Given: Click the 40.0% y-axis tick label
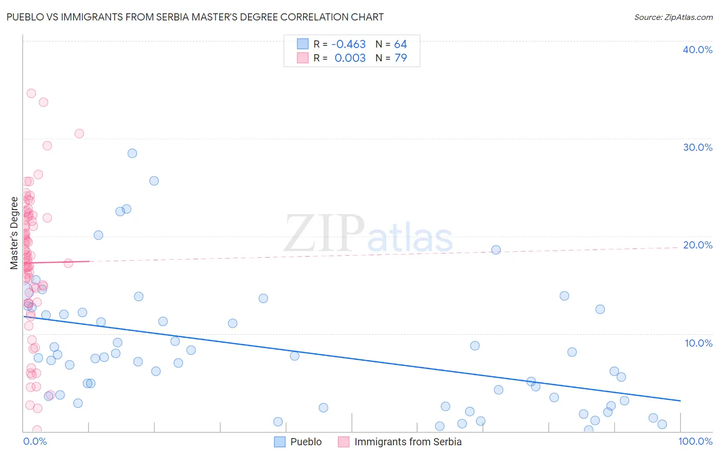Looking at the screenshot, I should pyautogui.click(x=697, y=50).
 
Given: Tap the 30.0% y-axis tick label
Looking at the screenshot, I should pyautogui.click(x=697, y=147).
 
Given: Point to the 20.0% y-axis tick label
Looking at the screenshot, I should pyautogui.click(x=697, y=245).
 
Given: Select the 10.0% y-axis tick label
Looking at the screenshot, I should pyautogui.click(x=698, y=343).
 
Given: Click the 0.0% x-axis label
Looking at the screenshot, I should pyautogui.click(x=35, y=441).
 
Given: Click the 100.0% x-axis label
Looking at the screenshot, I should pyautogui.click(x=695, y=441).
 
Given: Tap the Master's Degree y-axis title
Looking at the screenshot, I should pyautogui.click(x=14, y=233).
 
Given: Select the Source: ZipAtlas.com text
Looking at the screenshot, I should pyautogui.click(x=673, y=17).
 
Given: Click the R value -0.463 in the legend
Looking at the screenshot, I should pyautogui.click(x=348, y=44).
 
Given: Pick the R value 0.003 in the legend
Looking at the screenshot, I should pyautogui.click(x=350, y=58).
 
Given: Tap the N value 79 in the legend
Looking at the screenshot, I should pyautogui.click(x=400, y=58).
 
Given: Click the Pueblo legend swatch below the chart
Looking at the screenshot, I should pyautogui.click(x=280, y=442).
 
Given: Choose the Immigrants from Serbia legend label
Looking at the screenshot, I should pyautogui.click(x=408, y=442).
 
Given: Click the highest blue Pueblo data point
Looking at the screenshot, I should pyautogui.click(x=132, y=153).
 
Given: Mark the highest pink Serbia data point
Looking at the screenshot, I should pyautogui.click(x=31, y=93).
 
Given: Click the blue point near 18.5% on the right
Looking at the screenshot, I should pyautogui.click(x=496, y=250).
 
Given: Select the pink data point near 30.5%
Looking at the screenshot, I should pyautogui.click(x=79, y=133).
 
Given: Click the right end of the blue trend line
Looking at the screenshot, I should pyautogui.click(x=680, y=401).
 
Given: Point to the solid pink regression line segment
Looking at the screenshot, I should pyautogui.click(x=56, y=262).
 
